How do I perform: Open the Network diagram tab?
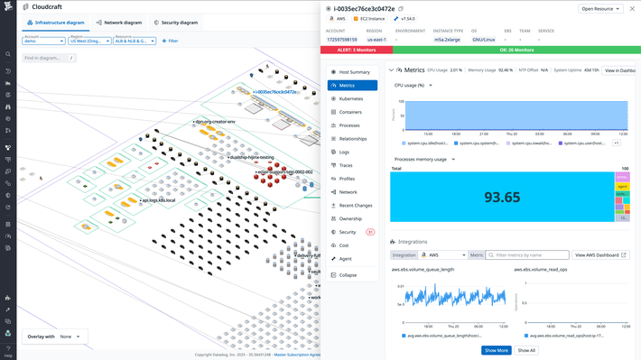tap(120, 23)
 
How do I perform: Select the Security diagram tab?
tap(177, 23)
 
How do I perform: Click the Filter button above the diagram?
tap(170, 41)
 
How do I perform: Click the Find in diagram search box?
tap(43, 58)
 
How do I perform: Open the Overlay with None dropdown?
tap(70, 337)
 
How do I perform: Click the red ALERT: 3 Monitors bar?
tap(356, 51)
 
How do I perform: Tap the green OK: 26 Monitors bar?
tap(516, 51)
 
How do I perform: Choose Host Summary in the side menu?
tap(353, 72)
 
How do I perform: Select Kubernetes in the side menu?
tap(350, 99)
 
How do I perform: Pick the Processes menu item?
tap(348, 125)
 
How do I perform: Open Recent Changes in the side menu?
tap(355, 206)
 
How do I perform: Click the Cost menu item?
tap(344, 245)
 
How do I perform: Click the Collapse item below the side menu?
tap(348, 275)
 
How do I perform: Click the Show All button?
tap(526, 350)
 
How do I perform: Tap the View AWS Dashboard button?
tap(600, 255)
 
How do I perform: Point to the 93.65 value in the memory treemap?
tap(502, 198)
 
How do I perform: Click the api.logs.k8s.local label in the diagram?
tap(159, 200)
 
